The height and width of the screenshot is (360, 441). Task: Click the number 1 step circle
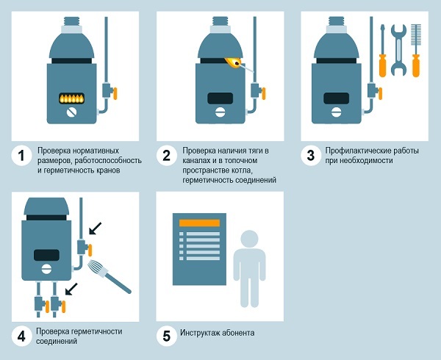click(21, 156)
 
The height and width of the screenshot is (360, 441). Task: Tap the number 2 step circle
click(167, 156)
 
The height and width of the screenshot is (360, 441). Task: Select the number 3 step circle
click(311, 156)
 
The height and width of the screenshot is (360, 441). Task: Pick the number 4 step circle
click(21, 336)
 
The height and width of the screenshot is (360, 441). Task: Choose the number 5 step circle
click(167, 336)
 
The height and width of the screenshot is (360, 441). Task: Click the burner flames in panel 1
click(72, 98)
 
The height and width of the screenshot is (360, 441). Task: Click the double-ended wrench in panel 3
click(398, 50)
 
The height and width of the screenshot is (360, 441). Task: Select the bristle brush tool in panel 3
click(416, 51)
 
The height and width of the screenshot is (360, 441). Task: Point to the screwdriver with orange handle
click(382, 51)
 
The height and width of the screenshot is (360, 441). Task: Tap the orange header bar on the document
click(199, 223)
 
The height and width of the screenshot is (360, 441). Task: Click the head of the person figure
click(249, 239)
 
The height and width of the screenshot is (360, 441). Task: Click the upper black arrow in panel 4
click(95, 228)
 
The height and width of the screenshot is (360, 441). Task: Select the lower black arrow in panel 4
click(71, 289)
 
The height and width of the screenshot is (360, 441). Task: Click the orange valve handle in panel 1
click(115, 93)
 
